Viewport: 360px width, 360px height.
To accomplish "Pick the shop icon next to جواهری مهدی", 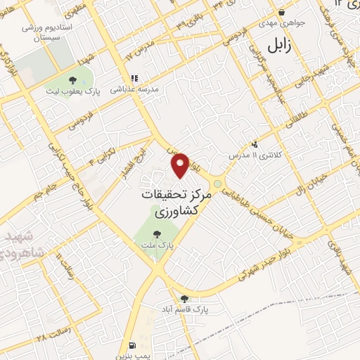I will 281,12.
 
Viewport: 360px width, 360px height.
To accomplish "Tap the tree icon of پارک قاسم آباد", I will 184,298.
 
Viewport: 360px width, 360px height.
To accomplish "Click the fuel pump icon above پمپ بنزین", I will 133,345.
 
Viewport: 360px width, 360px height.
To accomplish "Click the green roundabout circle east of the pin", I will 218,184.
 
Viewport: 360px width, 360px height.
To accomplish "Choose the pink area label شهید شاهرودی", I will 21,243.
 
